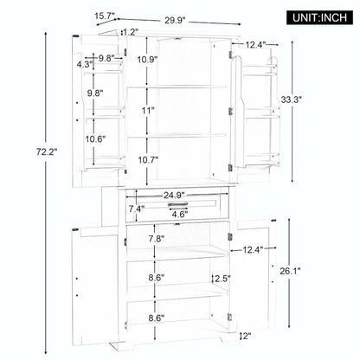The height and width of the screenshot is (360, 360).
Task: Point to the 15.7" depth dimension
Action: click(106, 15)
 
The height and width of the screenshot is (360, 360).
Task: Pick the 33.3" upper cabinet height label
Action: click(315, 101)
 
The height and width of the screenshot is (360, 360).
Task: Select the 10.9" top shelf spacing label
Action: click(146, 60)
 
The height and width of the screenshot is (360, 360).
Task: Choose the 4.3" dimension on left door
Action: click(84, 63)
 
